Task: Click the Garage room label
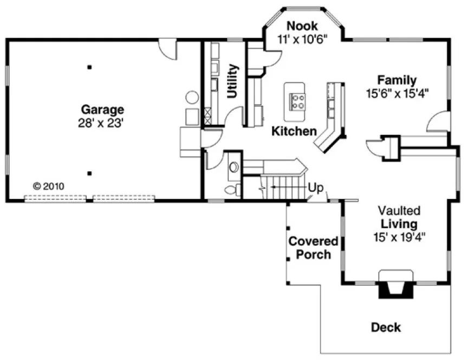[x=103, y=110]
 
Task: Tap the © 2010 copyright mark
[x=48, y=186]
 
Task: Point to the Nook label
[x=302, y=26]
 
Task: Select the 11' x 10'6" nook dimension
[x=302, y=39]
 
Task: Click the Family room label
[x=397, y=80]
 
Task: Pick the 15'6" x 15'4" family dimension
[x=397, y=93]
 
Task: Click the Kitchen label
[x=294, y=131]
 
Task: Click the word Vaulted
[x=399, y=210]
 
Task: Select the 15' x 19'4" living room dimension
[x=399, y=236]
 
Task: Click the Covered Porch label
[x=313, y=247]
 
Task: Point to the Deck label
[x=386, y=327]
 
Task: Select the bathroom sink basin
[x=234, y=168]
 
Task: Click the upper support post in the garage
[x=90, y=68]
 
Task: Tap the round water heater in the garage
[x=192, y=98]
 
